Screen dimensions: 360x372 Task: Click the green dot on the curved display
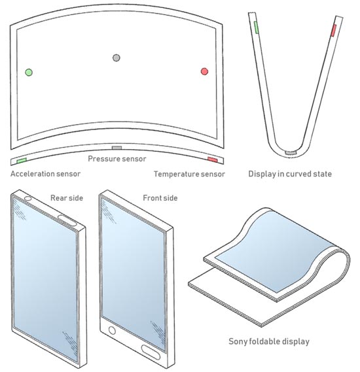pyautogui.click(x=29, y=73)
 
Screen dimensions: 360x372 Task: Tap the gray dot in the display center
pyautogui.click(x=117, y=58)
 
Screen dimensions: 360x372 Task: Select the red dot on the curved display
pyautogui.click(x=204, y=71)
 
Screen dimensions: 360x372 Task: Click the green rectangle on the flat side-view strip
pyautogui.click(x=22, y=161)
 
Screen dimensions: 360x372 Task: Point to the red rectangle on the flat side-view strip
pyautogui.click(x=213, y=160)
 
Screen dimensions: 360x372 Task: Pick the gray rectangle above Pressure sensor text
pyautogui.click(x=117, y=148)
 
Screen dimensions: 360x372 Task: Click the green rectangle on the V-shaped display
pyautogui.click(x=256, y=27)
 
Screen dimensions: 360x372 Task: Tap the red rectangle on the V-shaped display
pyautogui.click(x=334, y=30)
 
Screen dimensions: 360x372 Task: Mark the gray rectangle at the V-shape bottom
pyautogui.click(x=291, y=152)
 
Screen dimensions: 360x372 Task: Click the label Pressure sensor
pyautogui.click(x=117, y=159)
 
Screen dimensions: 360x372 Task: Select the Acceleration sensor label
pyautogui.click(x=45, y=174)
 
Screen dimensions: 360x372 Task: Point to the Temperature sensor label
pyautogui.click(x=189, y=174)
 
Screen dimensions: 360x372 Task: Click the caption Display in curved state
pyautogui.click(x=290, y=174)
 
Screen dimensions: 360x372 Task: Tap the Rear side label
pyautogui.click(x=67, y=198)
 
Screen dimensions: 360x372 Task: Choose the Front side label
pyautogui.click(x=160, y=198)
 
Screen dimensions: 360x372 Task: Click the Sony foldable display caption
pyautogui.click(x=269, y=342)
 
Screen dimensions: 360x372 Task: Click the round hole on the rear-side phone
pyautogui.click(x=28, y=198)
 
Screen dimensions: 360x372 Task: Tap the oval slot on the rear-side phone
pyautogui.click(x=67, y=220)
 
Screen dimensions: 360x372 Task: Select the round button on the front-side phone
pyautogui.click(x=112, y=330)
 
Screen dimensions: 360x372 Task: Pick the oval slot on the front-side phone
pyautogui.click(x=151, y=352)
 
